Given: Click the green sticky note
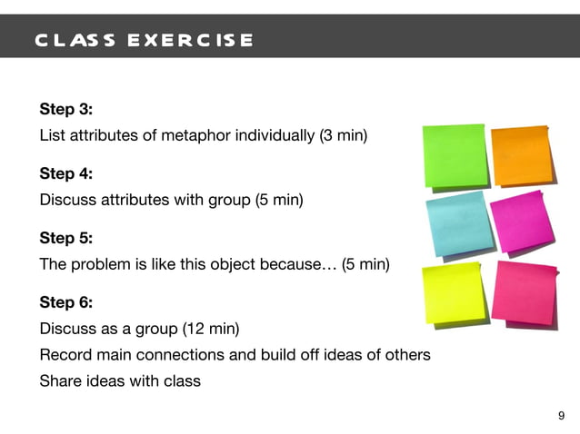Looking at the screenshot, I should [454, 156].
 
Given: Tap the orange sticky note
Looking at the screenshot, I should [522, 155].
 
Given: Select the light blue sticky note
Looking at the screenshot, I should [455, 224].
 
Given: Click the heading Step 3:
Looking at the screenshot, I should [65, 110].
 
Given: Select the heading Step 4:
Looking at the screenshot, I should [66, 173].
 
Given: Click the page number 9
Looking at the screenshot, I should [561, 416].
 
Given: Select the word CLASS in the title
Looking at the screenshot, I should [75, 41].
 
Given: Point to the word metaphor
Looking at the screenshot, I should [190, 136].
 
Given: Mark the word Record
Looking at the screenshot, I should [63, 354].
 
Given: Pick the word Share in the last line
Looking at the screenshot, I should [60, 380].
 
